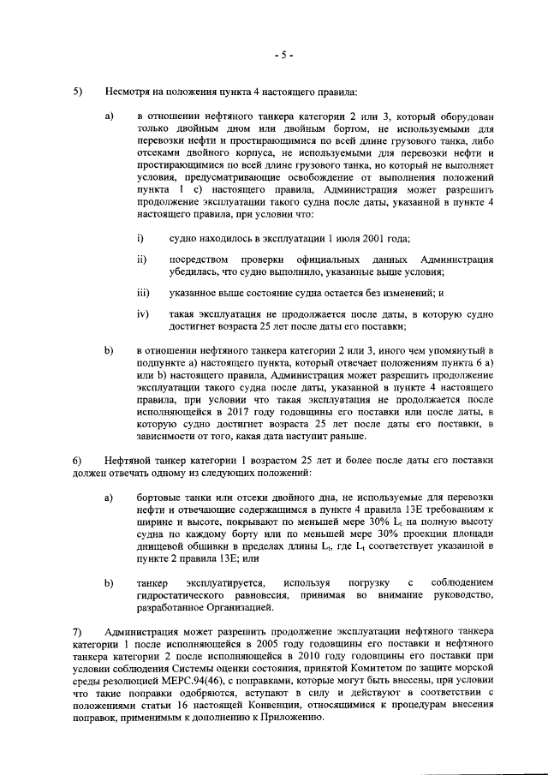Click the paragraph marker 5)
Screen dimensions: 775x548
[x=78, y=91]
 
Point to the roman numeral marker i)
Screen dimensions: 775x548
[x=140, y=237]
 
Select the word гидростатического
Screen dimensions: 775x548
[x=187, y=595]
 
